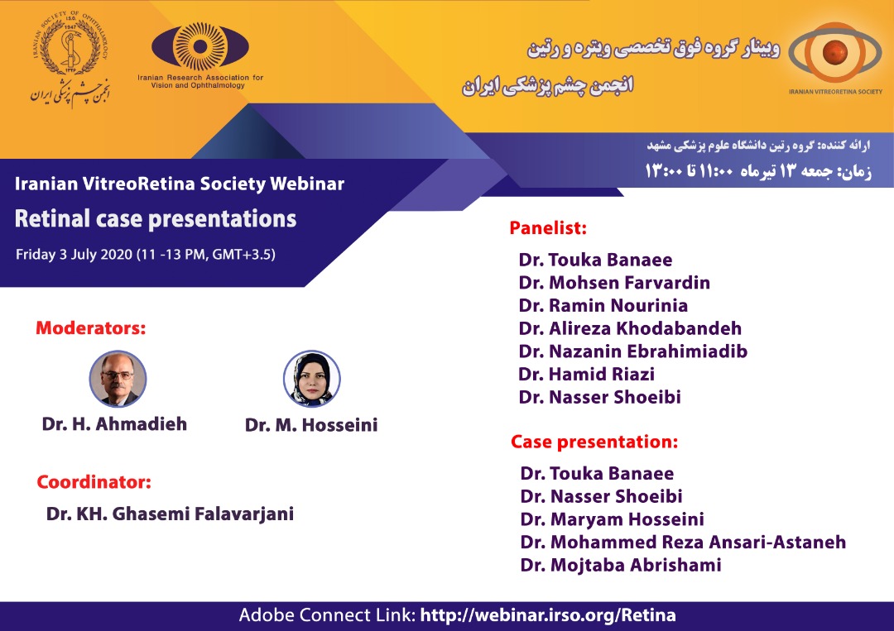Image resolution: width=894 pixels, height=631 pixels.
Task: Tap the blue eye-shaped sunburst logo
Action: [x=200, y=46]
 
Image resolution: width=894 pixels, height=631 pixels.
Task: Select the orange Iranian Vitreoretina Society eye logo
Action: [x=834, y=52]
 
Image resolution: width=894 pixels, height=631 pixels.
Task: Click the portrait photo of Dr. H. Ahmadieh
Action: [x=118, y=379]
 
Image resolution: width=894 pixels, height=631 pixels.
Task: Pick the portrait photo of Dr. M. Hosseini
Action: [x=312, y=379]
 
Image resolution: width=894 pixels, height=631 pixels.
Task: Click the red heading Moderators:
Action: [x=91, y=328]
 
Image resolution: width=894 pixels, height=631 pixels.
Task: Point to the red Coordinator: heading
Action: [x=94, y=482]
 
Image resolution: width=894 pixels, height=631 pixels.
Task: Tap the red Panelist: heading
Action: [x=548, y=227]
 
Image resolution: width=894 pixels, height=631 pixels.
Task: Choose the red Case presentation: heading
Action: [x=594, y=442]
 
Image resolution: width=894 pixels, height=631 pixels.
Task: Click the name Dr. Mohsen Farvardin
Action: [x=614, y=283]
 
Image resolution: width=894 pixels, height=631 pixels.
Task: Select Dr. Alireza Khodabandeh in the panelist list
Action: [x=630, y=328]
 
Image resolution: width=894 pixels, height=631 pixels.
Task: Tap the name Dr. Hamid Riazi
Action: [x=586, y=374]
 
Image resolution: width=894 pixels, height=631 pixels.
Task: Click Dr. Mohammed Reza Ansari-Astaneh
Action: [x=683, y=542]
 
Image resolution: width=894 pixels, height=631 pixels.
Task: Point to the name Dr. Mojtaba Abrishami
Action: [x=621, y=565]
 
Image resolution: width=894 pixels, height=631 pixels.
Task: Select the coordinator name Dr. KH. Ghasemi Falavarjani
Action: [x=170, y=514]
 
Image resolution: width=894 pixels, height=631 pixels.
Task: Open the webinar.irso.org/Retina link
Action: [x=548, y=615]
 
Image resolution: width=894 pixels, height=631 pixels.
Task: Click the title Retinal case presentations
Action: [x=156, y=218]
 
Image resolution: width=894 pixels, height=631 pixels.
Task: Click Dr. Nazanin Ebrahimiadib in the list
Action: [x=633, y=351]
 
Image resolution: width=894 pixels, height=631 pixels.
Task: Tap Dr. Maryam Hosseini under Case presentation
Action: [x=613, y=519]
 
